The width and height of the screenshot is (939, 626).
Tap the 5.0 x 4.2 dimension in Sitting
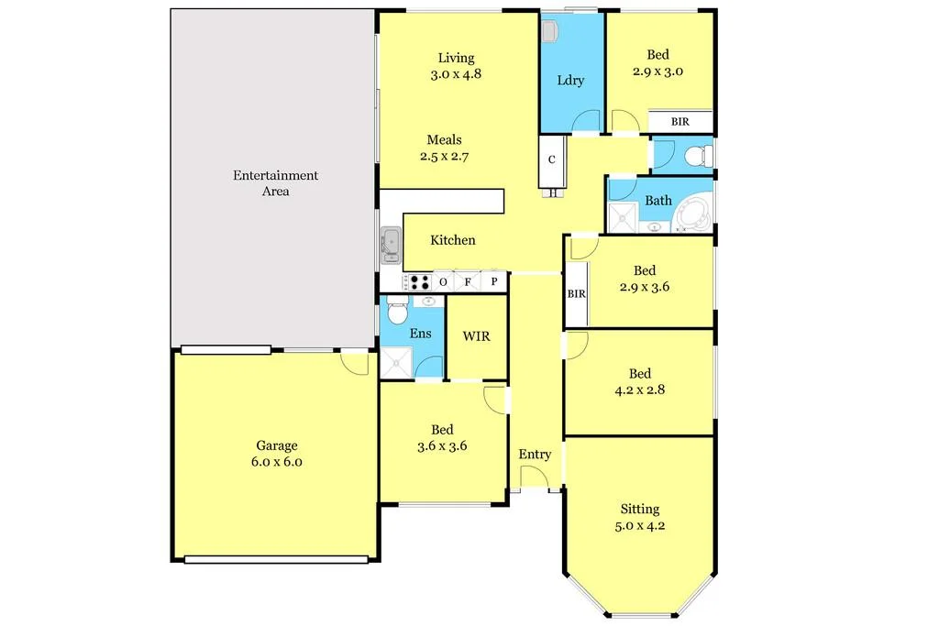click(x=639, y=526)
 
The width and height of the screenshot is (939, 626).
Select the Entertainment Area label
click(x=275, y=183)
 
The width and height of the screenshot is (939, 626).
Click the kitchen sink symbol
click(x=391, y=245)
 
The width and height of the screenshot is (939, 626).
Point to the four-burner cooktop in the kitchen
click(x=419, y=282)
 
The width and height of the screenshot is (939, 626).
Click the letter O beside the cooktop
click(x=444, y=282)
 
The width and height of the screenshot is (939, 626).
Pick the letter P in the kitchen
click(x=494, y=282)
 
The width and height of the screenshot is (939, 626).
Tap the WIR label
click(x=476, y=336)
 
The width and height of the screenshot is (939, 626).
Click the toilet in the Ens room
click(x=397, y=313)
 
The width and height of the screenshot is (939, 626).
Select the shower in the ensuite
click(x=397, y=363)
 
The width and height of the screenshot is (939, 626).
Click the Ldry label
click(x=570, y=80)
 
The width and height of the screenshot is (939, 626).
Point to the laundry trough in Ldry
click(x=550, y=32)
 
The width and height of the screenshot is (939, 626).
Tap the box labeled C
click(x=551, y=159)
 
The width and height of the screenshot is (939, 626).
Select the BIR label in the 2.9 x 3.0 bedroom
click(x=679, y=121)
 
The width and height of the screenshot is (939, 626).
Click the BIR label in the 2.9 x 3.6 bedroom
click(x=576, y=294)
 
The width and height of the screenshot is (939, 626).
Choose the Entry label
click(x=535, y=455)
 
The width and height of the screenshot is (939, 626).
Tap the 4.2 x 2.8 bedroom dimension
click(x=639, y=390)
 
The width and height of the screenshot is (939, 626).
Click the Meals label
click(x=444, y=140)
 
